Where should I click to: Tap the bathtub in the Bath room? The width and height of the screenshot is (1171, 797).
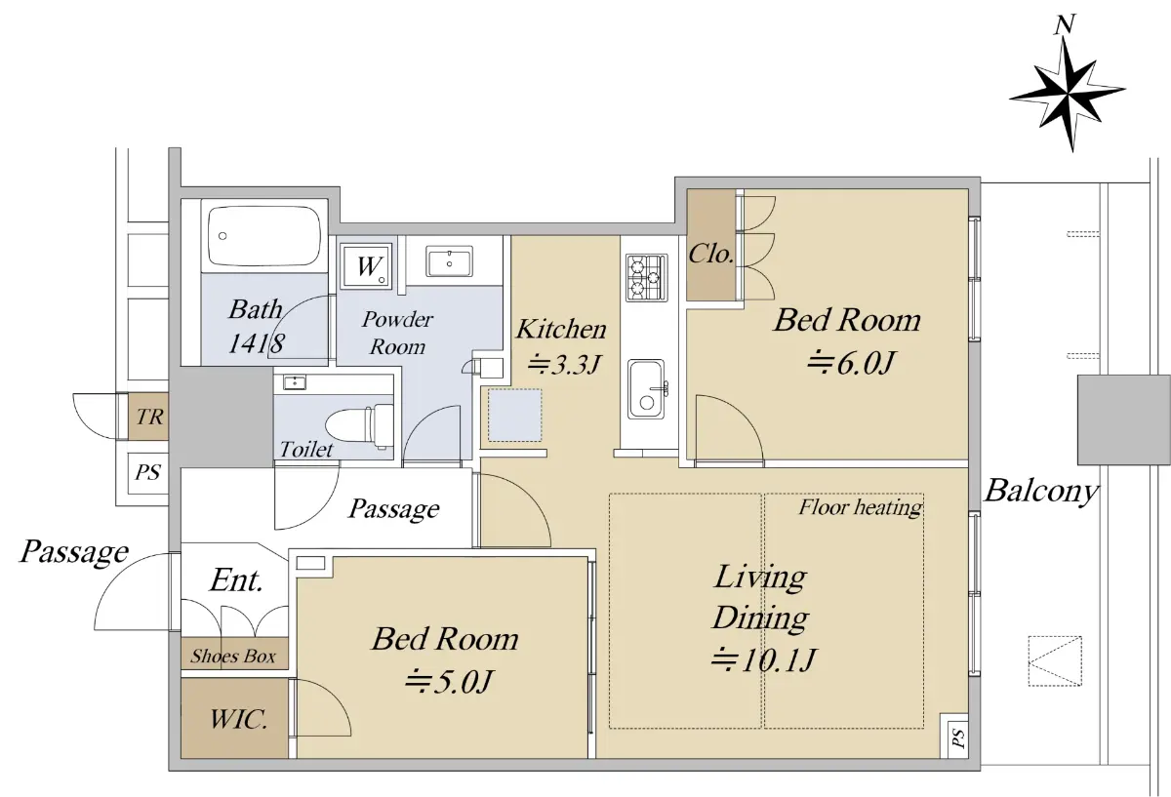264,236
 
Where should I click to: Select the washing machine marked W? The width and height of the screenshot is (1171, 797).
366,265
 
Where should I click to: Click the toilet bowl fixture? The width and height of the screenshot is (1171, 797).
360,425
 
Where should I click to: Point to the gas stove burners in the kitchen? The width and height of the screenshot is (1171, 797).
647,277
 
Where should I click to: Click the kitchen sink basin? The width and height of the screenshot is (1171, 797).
647,389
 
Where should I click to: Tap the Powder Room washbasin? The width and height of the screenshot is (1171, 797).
449,261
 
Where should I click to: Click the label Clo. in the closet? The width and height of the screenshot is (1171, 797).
710,255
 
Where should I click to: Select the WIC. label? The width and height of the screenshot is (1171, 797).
239,720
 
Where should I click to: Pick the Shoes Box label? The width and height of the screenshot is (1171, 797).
232,656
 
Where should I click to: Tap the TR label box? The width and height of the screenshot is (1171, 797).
149,417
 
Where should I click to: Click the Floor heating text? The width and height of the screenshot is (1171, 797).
860,507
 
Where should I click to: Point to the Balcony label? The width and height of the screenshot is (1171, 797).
1041,492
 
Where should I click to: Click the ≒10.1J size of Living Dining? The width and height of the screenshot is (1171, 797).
763,660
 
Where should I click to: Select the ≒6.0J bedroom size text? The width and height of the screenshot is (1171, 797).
851,363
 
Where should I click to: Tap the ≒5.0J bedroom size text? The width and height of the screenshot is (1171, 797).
449,682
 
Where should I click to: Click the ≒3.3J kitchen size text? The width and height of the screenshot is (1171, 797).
564,364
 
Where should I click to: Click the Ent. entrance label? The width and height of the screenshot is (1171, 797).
236,580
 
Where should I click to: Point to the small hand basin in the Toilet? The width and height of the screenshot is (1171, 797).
296,382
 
